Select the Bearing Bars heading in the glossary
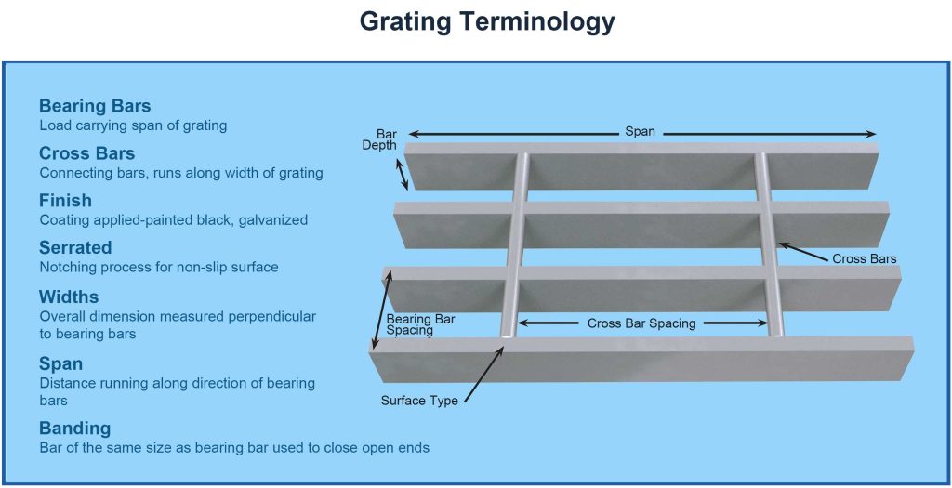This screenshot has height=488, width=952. point(95,106)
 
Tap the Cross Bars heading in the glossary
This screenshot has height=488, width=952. point(86,153)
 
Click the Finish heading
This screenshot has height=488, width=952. point(65,201)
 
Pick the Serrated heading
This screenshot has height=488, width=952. point(75,248)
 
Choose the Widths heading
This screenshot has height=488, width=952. point(69,297)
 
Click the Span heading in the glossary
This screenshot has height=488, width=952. point(60,363)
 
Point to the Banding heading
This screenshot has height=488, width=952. point(74,429)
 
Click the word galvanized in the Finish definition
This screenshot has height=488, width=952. point(274,220)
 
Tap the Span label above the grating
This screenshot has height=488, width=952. point(640,132)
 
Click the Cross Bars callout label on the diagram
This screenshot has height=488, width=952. point(865,259)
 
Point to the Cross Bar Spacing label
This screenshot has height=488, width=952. point(641,324)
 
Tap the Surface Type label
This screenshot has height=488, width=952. point(419,402)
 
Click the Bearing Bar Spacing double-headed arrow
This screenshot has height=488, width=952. point(380,310)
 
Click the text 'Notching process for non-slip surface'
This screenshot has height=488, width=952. point(159,268)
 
